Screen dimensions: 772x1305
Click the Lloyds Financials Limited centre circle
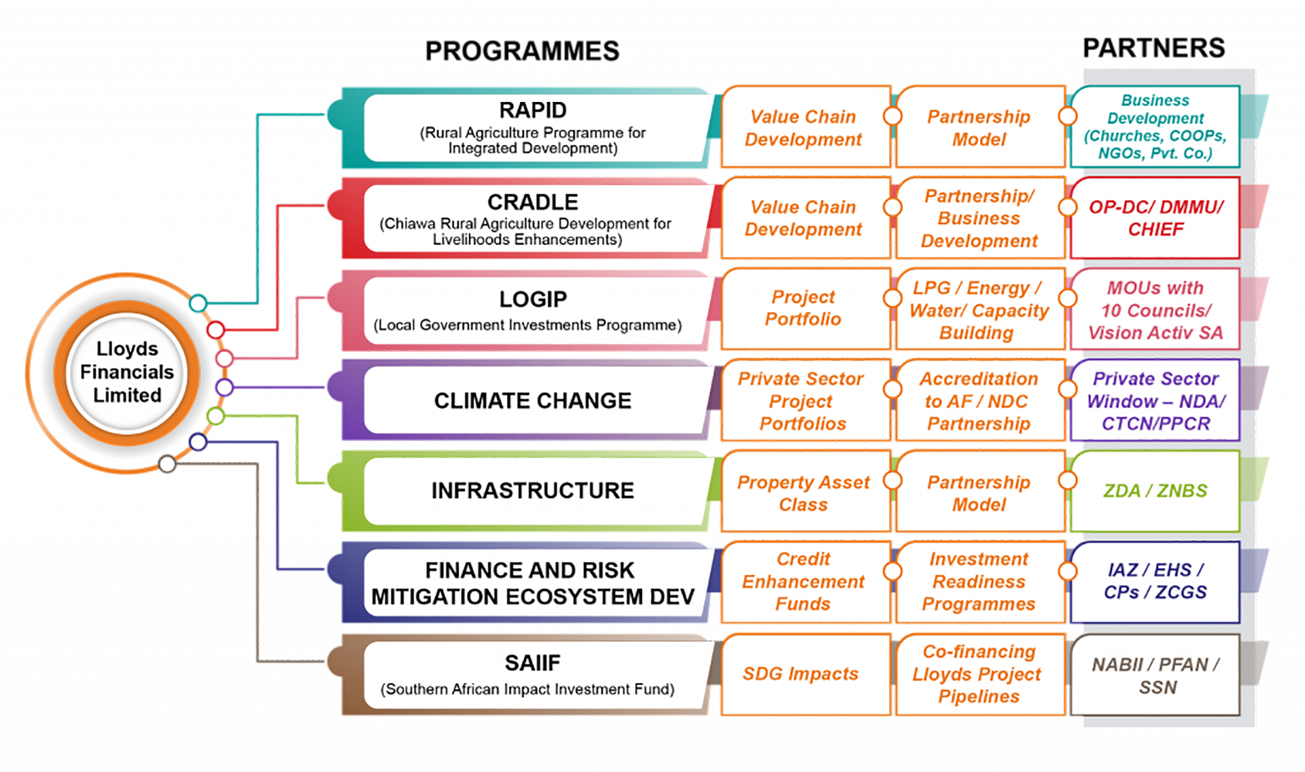pyautogui.click(x=127, y=372)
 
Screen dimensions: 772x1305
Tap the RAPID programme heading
pyautogui.click(x=533, y=110)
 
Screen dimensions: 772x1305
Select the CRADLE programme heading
pyautogui.click(x=533, y=202)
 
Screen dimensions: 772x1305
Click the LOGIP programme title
pyautogui.click(x=533, y=299)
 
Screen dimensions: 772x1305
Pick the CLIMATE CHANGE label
pyautogui.click(x=533, y=401)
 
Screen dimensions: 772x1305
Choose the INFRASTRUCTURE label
pyautogui.click(x=533, y=491)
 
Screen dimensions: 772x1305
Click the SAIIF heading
pyautogui.click(x=533, y=663)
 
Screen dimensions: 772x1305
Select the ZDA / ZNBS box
pyautogui.click(x=1155, y=491)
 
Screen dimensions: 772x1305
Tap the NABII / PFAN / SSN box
pyautogui.click(x=1155, y=675)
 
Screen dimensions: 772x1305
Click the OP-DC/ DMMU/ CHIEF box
pyautogui.click(x=1155, y=218)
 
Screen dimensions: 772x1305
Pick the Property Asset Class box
pyautogui.click(x=803, y=493)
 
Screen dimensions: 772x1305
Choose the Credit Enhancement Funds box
pyautogui.click(x=803, y=582)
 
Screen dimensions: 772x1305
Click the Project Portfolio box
pyautogui.click(x=803, y=308)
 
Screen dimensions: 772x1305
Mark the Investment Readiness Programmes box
pyautogui.click(x=979, y=582)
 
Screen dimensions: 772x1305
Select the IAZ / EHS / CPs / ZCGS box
pyautogui.click(x=1155, y=581)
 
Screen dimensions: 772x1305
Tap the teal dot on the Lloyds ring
pyautogui.click(x=198, y=303)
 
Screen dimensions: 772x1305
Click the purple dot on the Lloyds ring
pyautogui.click(x=224, y=387)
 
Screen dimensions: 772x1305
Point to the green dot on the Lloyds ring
pyautogui.click(x=215, y=416)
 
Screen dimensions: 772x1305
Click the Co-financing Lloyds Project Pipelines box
pyautogui.click(x=979, y=674)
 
